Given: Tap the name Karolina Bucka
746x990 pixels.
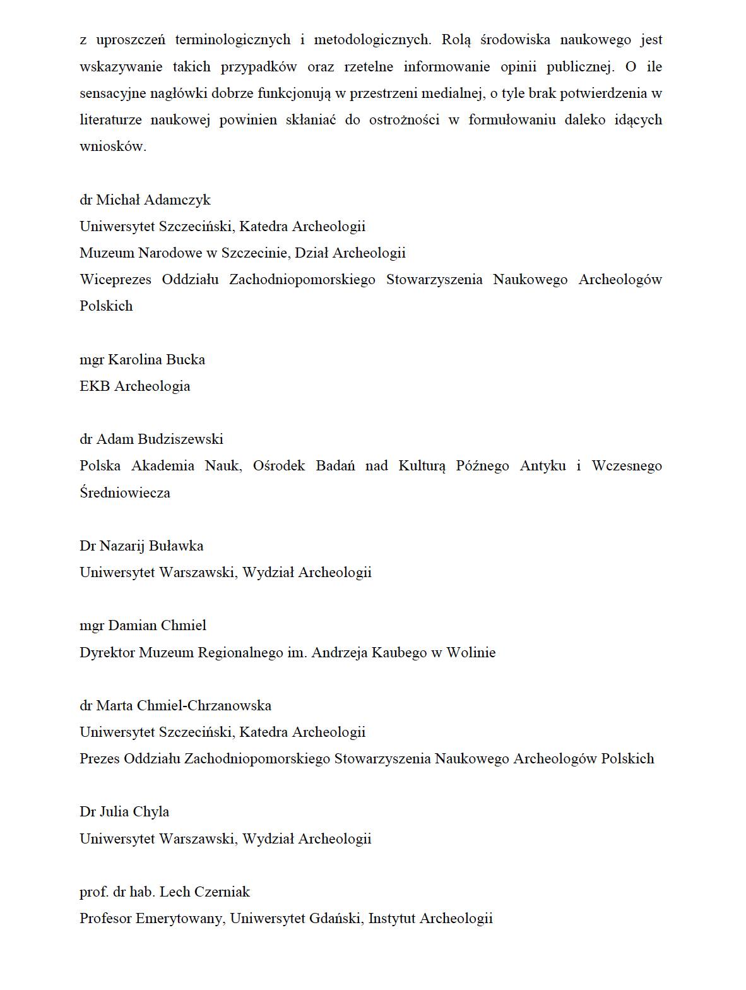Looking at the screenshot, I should [x=157, y=360].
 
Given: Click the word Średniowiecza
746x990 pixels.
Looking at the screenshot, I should [x=125, y=493].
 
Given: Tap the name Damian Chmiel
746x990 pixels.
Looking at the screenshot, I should [x=157, y=626].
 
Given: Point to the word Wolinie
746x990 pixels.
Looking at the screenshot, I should [x=471, y=653].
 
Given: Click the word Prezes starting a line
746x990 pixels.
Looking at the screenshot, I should [x=100, y=759].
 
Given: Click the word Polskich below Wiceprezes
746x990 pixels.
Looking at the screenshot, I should [x=106, y=306].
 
